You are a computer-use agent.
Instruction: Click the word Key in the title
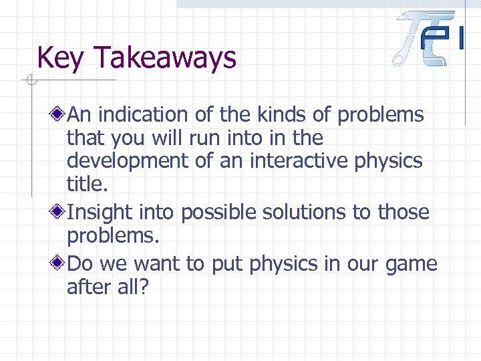click(x=61, y=58)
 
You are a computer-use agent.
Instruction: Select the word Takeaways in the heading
click(x=165, y=58)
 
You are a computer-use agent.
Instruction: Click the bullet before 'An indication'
click(x=59, y=115)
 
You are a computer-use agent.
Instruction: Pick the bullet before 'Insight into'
click(x=59, y=213)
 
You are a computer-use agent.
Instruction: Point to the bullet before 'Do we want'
click(x=59, y=263)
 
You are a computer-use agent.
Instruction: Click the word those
click(x=403, y=213)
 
